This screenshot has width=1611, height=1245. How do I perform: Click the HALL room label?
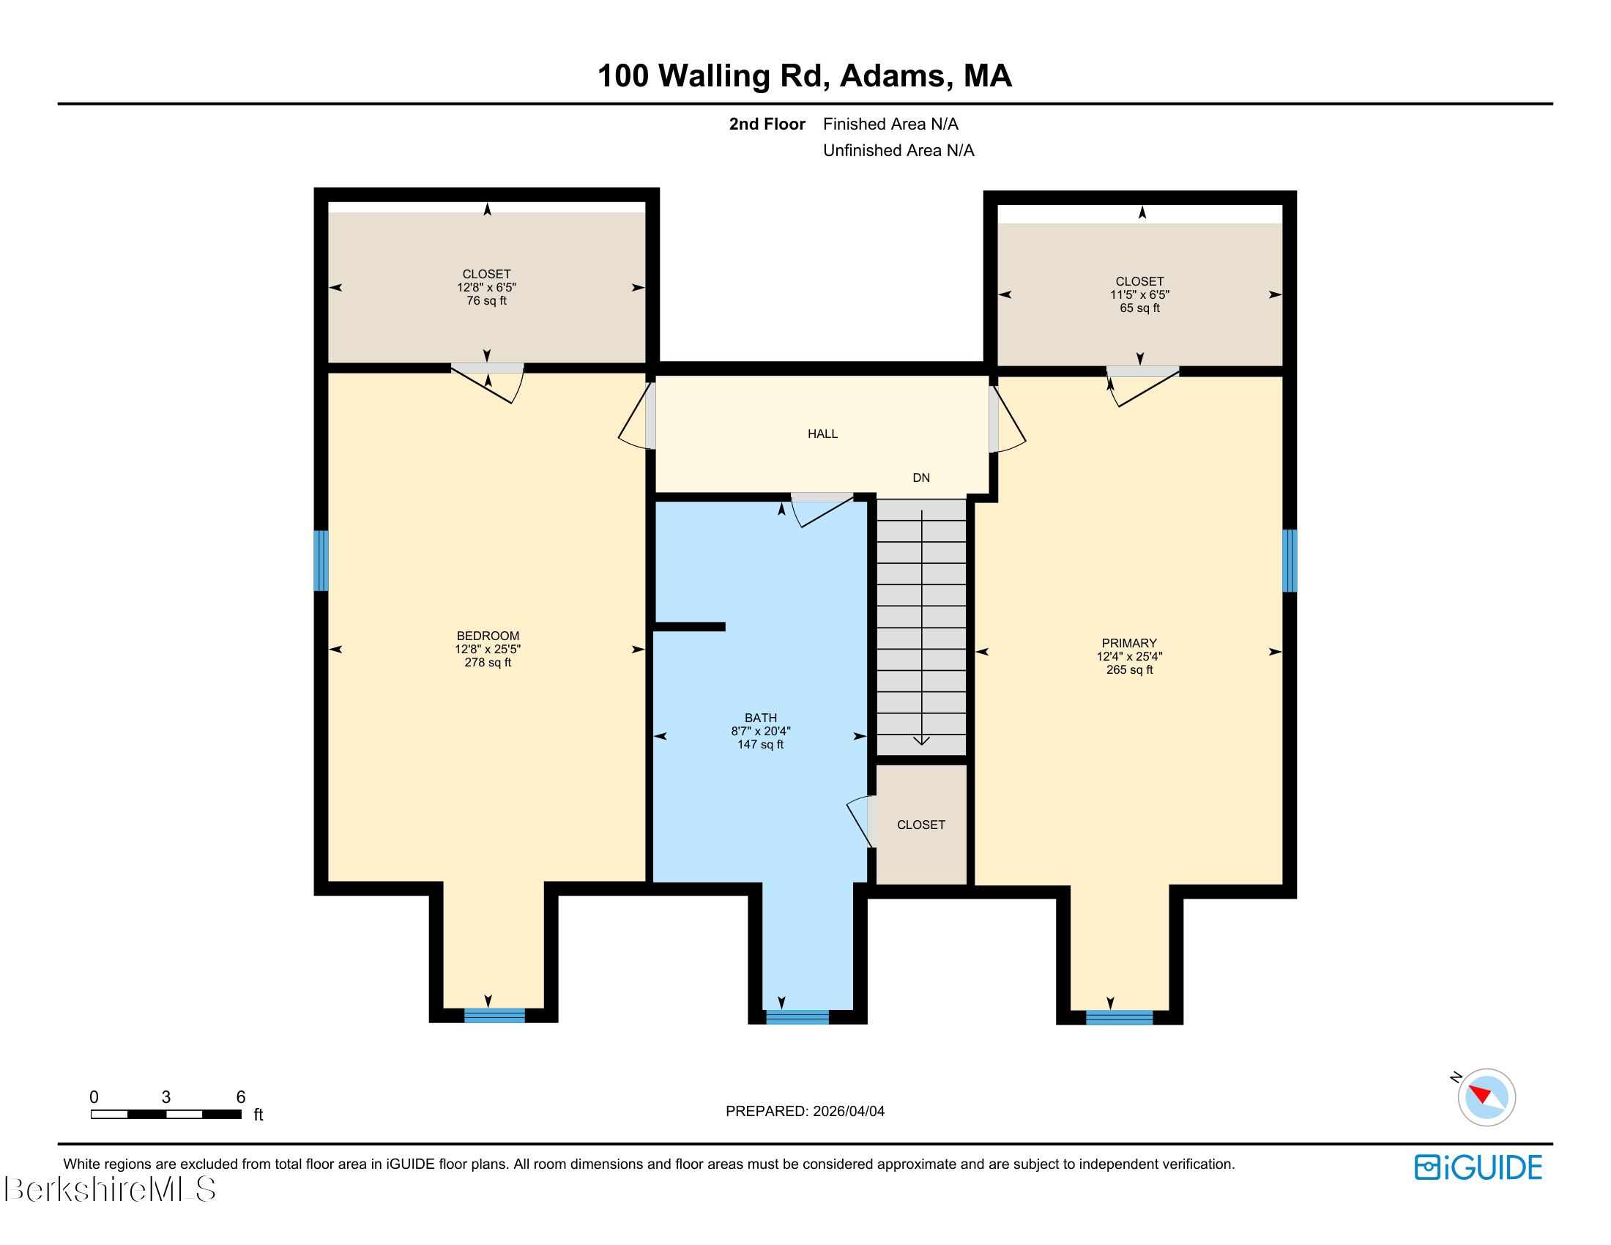(x=822, y=434)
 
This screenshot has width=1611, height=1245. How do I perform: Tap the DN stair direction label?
(x=921, y=477)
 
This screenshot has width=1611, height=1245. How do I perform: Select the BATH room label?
(x=761, y=718)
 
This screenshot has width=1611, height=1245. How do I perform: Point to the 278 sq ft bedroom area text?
(x=488, y=662)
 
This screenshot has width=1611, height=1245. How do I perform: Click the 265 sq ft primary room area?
(x=1129, y=669)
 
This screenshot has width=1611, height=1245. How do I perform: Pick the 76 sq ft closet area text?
(x=486, y=300)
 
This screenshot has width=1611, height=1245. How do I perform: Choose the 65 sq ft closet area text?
(x=1139, y=308)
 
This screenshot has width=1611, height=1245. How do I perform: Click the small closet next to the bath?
(x=921, y=824)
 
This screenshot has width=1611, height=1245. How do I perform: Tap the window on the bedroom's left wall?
(x=321, y=560)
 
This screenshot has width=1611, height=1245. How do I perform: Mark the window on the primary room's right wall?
(x=1290, y=560)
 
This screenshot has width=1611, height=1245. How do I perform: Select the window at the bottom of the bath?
(x=797, y=1017)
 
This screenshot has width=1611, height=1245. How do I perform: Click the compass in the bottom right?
(x=1486, y=1097)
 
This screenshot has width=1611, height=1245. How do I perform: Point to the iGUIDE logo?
(x=1478, y=1167)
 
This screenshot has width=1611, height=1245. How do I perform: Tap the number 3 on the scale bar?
(x=166, y=1097)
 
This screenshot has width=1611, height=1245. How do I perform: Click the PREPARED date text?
(x=805, y=1111)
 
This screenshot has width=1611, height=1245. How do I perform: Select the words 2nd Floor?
(x=767, y=124)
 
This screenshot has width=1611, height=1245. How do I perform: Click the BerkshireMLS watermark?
(x=111, y=1189)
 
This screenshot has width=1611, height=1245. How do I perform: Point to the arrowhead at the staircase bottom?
(x=921, y=740)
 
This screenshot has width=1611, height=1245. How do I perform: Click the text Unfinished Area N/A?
(x=898, y=150)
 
